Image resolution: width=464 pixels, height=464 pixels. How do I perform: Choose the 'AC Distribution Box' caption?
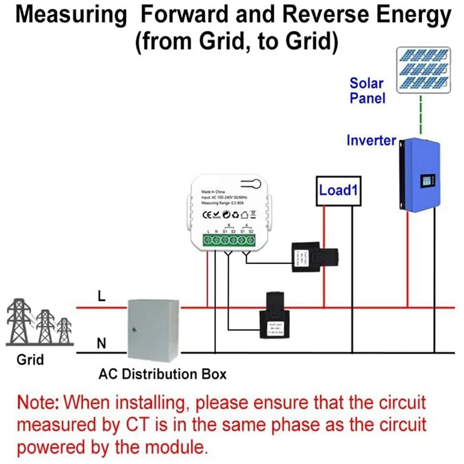tap(162, 374)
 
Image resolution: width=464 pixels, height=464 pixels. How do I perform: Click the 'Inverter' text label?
tap(371, 140)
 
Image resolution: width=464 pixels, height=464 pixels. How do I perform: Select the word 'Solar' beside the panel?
tap(367, 83)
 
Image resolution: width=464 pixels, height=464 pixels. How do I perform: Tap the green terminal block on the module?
tap(229, 240)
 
